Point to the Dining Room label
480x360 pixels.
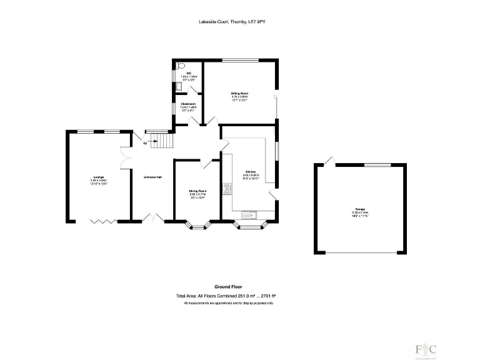click(x=197, y=191)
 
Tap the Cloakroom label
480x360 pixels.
click(x=188, y=104)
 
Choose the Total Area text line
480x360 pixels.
click(x=226, y=296)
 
